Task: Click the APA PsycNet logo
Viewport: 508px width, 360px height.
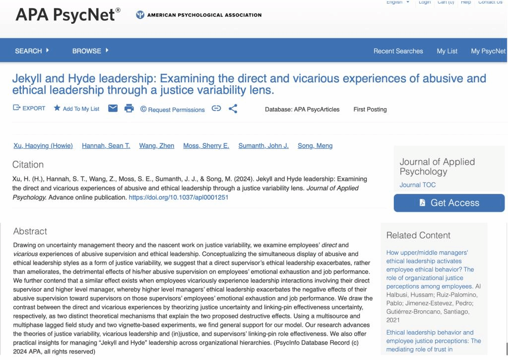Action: pyautogui.click(x=68, y=15)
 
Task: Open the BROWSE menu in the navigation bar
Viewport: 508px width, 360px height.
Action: pyautogui.click(x=90, y=51)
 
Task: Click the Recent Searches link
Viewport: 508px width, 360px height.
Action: pyautogui.click(x=398, y=51)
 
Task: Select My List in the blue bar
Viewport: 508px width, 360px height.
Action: pyautogui.click(x=447, y=51)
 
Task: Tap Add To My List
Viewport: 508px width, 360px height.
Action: pyautogui.click(x=76, y=109)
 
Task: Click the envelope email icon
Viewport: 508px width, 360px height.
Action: pyautogui.click(x=113, y=109)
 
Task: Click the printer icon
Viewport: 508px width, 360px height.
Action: pyautogui.click(x=129, y=109)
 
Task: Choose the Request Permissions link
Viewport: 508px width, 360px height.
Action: pyautogui.click(x=172, y=110)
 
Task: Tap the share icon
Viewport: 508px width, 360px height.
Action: pyautogui.click(x=233, y=109)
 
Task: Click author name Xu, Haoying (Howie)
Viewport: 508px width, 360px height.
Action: pyautogui.click(x=43, y=146)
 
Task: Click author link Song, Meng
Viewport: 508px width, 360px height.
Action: pyautogui.click(x=315, y=146)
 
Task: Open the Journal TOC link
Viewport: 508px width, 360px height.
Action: pyautogui.click(x=418, y=185)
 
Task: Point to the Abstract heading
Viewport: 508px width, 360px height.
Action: pyautogui.click(x=30, y=232)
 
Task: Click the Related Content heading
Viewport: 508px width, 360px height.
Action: pyautogui.click(x=418, y=236)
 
